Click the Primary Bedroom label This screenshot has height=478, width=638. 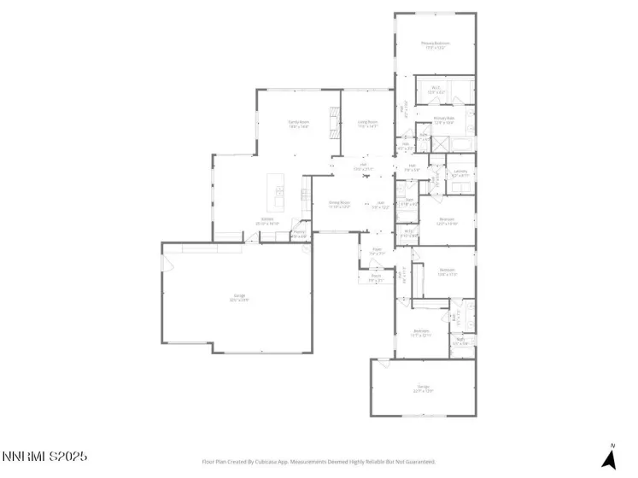coord(436,45)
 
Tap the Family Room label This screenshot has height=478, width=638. coord(297,125)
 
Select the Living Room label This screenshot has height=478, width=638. coord(367,125)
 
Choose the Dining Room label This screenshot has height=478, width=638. coord(340,205)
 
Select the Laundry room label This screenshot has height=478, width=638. coord(459,172)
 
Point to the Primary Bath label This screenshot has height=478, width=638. coord(443,120)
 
